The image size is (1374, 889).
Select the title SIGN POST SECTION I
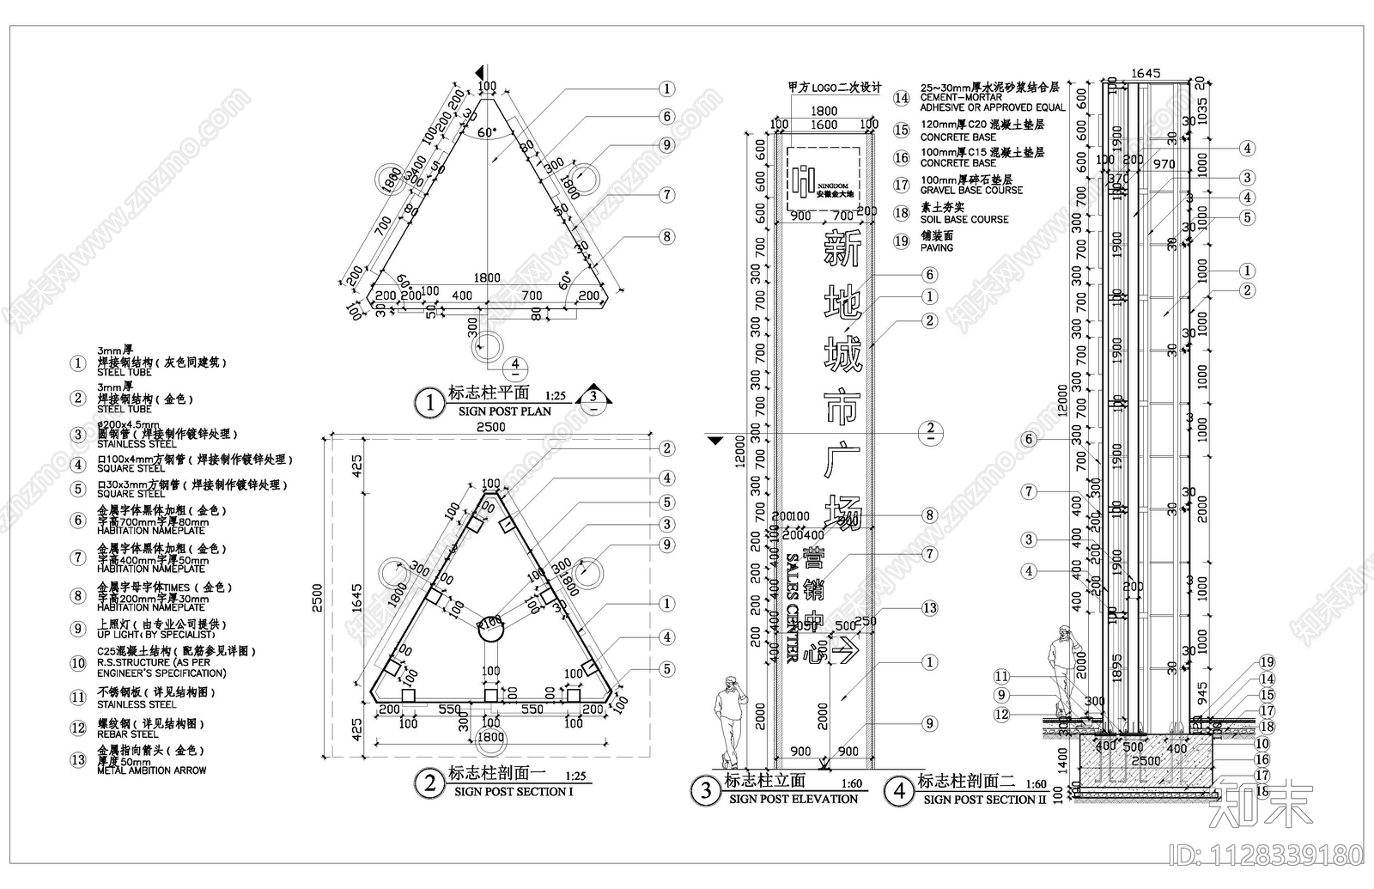click(x=513, y=792)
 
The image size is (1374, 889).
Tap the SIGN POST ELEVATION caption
click(x=793, y=799)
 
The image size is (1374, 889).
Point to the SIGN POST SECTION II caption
click(x=980, y=800)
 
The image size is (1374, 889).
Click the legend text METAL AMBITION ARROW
click(x=151, y=770)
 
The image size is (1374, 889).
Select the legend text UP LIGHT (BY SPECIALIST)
click(x=155, y=635)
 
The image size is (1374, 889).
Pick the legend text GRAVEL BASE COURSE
click(x=971, y=190)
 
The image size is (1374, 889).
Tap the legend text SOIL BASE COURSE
click(x=964, y=219)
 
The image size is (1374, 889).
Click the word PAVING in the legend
click(x=937, y=247)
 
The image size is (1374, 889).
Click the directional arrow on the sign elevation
click(x=847, y=650)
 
